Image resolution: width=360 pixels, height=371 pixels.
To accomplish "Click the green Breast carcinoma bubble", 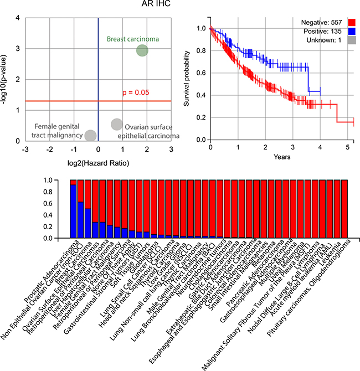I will [142, 51].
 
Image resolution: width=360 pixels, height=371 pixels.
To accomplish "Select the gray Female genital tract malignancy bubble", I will [91, 135].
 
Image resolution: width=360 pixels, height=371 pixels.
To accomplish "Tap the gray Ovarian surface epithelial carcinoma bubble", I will [116, 124].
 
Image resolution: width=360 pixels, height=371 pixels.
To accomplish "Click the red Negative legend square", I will [351, 22].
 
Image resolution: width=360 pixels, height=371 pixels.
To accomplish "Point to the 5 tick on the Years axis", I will [347, 148].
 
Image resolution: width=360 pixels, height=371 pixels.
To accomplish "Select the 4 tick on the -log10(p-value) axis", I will [19, 18].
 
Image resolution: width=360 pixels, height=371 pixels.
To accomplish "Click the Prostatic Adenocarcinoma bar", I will [73, 209].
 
